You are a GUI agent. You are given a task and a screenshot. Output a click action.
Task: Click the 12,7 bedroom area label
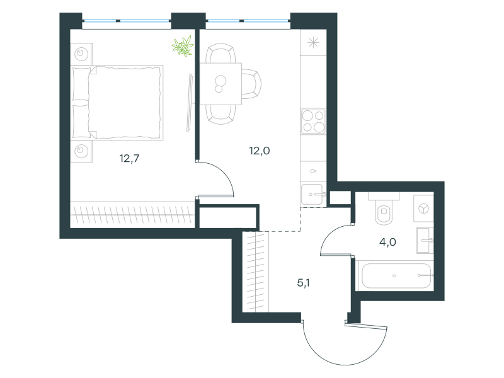129,159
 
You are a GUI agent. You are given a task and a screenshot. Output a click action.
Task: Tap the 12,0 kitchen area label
260,151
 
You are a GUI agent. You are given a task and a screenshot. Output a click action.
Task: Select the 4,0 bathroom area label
387,242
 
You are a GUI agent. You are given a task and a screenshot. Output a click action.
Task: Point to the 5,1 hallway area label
303,283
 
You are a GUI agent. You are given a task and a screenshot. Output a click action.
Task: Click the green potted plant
183,46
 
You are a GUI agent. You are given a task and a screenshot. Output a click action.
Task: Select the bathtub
396,276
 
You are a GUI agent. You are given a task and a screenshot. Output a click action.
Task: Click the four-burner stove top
313,121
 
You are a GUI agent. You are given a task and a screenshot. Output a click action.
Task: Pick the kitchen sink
312,194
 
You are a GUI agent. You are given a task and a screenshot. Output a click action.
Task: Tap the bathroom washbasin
425,240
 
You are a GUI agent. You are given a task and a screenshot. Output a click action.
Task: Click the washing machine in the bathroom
423,209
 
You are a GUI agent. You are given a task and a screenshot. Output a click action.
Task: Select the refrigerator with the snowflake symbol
313,42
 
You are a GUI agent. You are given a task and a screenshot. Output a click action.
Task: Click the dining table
220,84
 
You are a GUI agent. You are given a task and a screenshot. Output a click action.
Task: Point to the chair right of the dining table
251,84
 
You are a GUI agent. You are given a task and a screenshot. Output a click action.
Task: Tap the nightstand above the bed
81,54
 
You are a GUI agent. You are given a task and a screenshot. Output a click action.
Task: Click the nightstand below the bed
81,151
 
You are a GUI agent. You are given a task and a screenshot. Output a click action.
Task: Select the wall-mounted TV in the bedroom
190,103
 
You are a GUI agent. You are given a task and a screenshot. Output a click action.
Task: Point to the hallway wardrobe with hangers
256,272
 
